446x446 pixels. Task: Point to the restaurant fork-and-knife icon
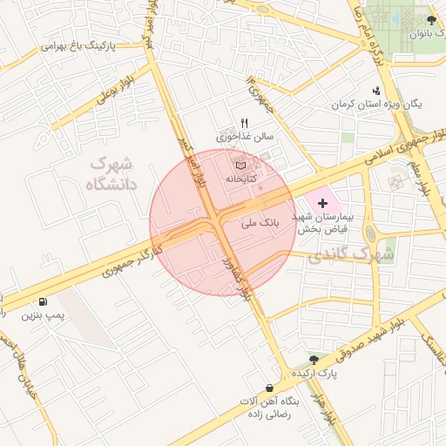pos(245,123)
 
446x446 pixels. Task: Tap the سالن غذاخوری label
pos(245,137)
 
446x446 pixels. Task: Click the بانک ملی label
pos(260,223)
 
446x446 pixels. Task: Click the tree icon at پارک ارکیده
pos(314,360)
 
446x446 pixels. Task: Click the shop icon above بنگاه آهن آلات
pos(269,388)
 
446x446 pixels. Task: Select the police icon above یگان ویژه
pos(376,90)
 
